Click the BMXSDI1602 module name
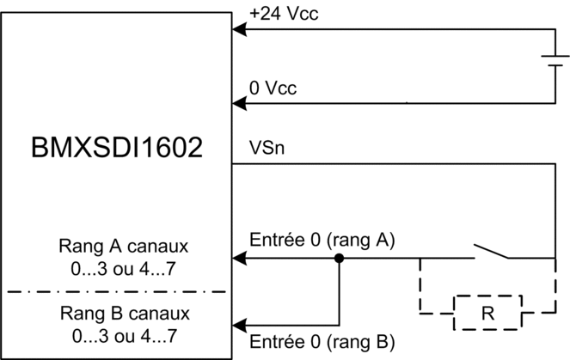117,147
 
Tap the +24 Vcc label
284,14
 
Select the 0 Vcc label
273,88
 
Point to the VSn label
267,148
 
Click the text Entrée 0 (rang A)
322,240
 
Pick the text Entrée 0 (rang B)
322,342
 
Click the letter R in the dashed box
487,313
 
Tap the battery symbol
555,61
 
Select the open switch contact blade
491,252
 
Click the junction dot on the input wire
340,259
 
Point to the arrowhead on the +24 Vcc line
239,29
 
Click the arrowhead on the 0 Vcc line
239,103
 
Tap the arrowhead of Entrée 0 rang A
239,259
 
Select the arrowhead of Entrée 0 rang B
239,325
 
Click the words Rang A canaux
124,247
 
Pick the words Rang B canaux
125,313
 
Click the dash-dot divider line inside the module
117,291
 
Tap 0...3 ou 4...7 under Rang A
123,269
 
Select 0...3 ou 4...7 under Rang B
125,336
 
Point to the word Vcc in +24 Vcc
303,14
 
